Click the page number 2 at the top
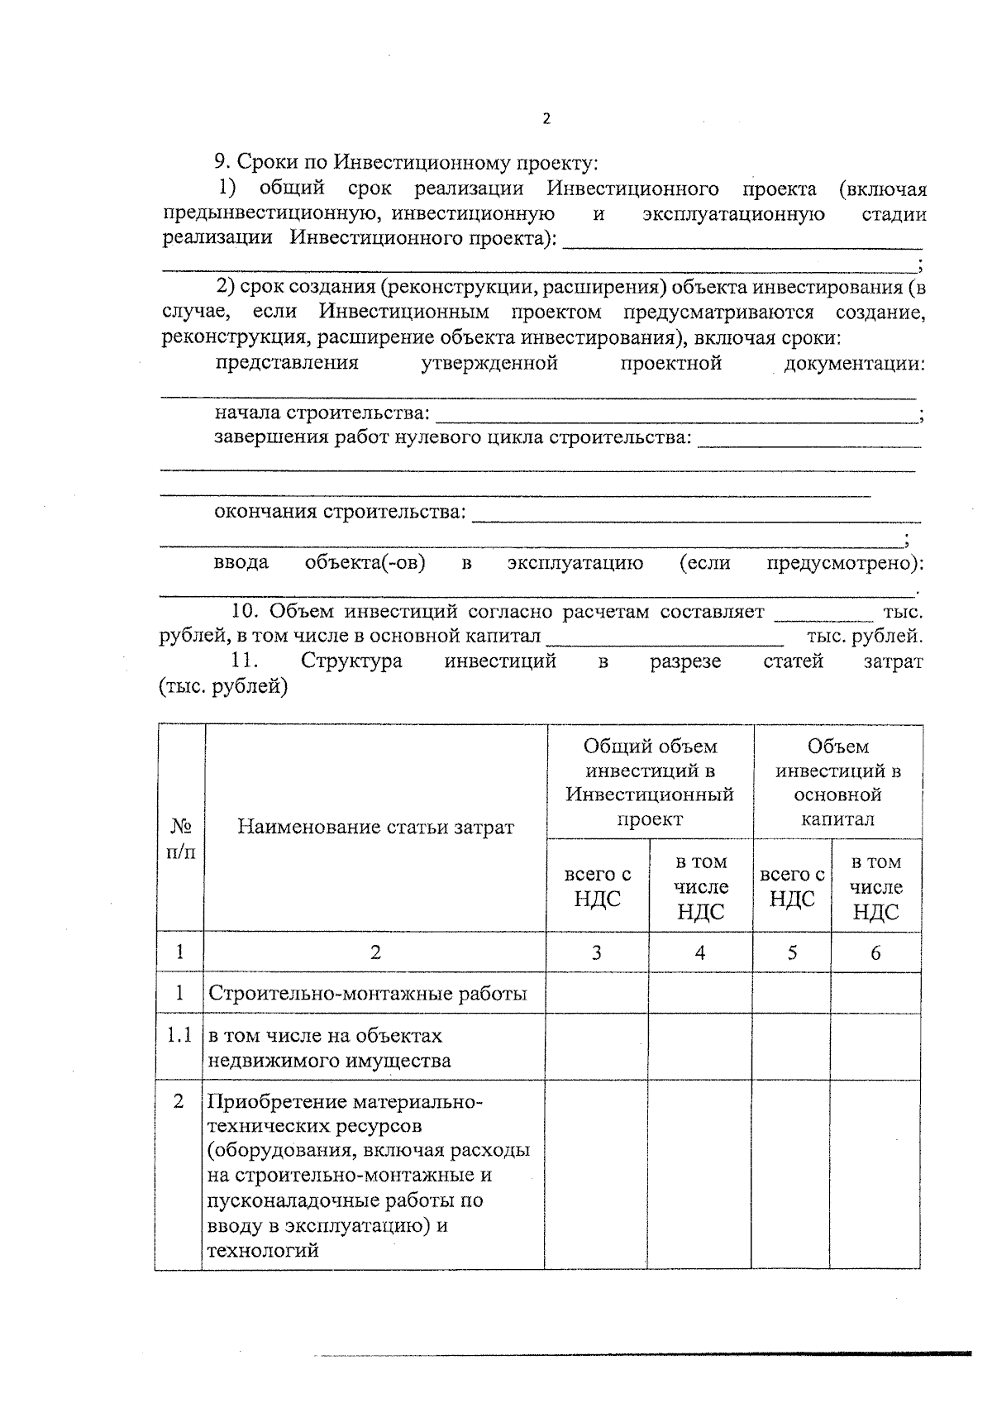[546, 118]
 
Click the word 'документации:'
[853, 364]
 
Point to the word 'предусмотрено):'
[844, 564]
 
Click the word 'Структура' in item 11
[351, 661]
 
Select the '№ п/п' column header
[181, 838]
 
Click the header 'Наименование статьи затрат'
[375, 827]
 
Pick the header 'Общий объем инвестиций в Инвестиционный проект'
[650, 782]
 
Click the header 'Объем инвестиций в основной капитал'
[837, 782]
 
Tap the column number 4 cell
[700, 952]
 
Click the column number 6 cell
[875, 952]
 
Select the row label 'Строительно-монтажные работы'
[367, 993]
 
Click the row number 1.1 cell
[179, 1035]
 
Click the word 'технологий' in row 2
[263, 1250]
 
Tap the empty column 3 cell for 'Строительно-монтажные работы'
[596, 993]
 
